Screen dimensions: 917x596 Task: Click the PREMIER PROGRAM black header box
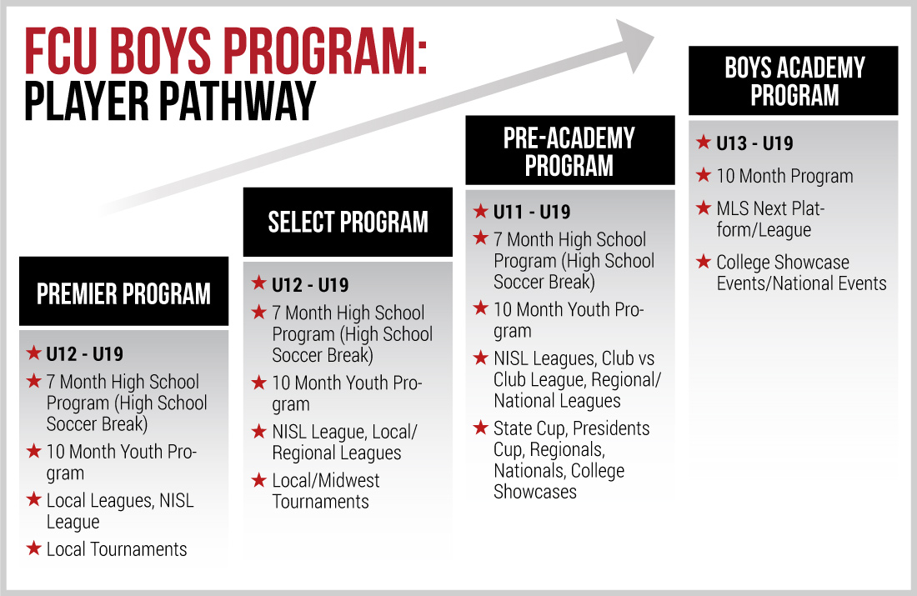(x=124, y=291)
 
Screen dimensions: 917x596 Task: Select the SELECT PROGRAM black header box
(x=348, y=223)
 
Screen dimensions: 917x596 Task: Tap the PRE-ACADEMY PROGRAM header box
(x=570, y=150)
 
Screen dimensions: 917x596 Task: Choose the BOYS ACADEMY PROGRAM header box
(x=793, y=81)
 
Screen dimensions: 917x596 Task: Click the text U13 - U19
(x=754, y=143)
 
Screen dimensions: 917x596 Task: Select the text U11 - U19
(x=532, y=212)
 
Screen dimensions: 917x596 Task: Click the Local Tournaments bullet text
(x=117, y=549)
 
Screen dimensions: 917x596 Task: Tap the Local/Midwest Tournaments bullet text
(x=326, y=491)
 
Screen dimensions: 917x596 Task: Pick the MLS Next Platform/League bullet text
(x=770, y=219)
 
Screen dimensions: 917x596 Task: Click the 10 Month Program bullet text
(x=784, y=176)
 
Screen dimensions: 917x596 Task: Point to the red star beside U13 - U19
(x=704, y=142)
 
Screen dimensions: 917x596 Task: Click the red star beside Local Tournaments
(x=34, y=548)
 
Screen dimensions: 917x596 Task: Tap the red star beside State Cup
(x=481, y=427)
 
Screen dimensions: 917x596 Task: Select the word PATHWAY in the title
(x=237, y=101)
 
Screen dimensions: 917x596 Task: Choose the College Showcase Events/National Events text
(x=801, y=273)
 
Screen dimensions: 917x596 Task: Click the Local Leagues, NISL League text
(x=120, y=511)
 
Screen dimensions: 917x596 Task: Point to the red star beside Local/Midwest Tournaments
(x=259, y=479)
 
